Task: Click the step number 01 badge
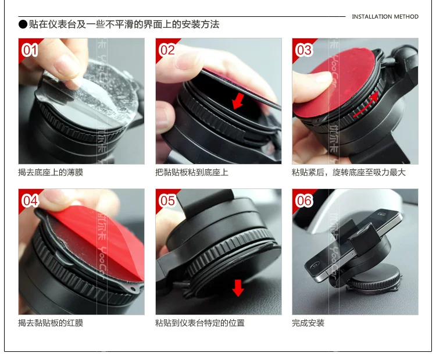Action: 30,51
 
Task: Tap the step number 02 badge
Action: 167,51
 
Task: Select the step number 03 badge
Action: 303,51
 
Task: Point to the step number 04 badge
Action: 30,201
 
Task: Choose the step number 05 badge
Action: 167,201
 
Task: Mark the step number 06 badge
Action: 303,201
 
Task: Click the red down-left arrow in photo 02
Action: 238,101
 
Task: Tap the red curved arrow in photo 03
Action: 366,104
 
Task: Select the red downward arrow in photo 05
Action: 238,288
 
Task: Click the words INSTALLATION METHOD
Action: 385,17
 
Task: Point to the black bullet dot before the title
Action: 23,24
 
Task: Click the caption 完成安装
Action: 308,323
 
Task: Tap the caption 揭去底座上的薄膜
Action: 51,173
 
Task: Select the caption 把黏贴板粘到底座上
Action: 192,173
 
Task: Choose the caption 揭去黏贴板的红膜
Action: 51,323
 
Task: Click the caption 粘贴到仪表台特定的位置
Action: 200,323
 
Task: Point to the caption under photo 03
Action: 349,173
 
